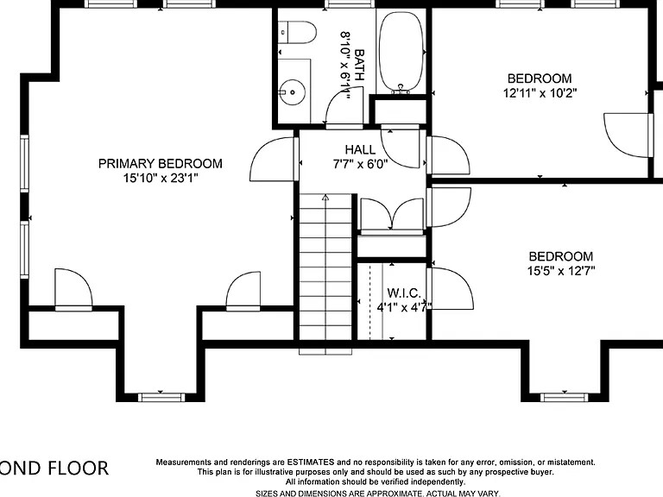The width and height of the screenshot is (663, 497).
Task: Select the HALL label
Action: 360,149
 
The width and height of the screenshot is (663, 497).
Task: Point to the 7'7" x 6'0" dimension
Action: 360,163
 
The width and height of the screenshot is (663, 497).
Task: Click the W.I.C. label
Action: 403,293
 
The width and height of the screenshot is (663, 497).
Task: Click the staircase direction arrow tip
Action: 325,198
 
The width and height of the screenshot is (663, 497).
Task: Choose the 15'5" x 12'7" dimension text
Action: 561,271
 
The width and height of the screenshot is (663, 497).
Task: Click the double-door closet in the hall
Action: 390,215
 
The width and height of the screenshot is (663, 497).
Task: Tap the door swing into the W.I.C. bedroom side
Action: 451,290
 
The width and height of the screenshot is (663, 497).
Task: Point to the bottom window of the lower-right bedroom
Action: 563,397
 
